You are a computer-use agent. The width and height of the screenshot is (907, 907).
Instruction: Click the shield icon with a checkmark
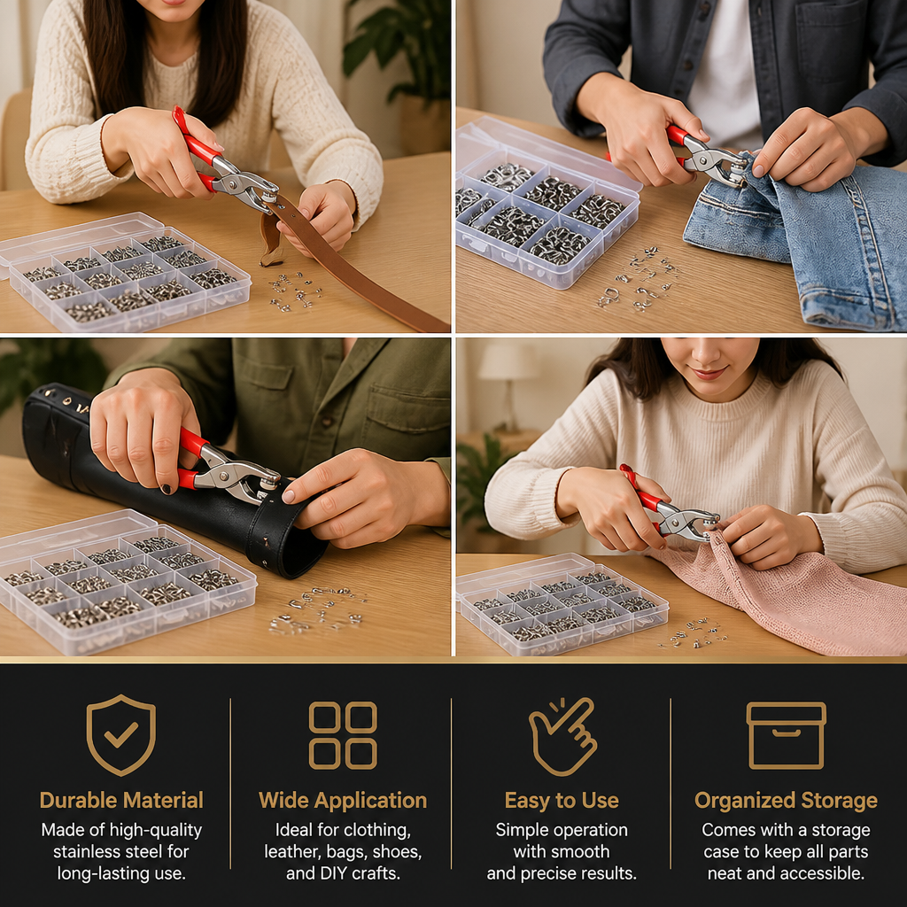coord(120,734)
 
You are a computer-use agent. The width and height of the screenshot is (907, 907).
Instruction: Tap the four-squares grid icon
coord(343,735)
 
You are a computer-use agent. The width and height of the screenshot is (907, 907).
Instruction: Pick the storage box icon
coord(787,735)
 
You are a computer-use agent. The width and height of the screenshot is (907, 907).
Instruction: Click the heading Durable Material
coord(121,800)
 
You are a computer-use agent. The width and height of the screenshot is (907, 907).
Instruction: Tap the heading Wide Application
coord(343,800)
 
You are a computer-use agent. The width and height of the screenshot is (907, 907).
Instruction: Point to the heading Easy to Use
coord(562,800)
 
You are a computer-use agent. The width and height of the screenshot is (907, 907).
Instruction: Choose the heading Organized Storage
coord(787,801)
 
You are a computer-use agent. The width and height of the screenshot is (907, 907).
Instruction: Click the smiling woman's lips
coord(709,373)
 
